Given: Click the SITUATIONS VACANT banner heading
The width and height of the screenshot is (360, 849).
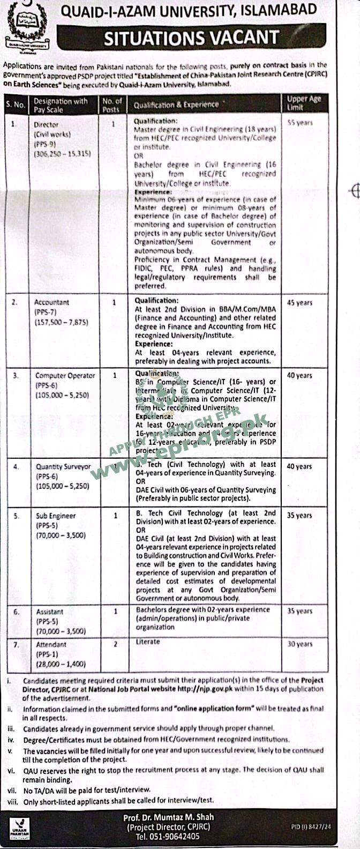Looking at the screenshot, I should pyautogui.click(x=191, y=38).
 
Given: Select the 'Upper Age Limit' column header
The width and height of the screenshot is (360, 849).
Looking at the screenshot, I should pyautogui.click(x=304, y=103).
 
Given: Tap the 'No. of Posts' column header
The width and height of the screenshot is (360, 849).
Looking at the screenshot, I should pyautogui.click(x=112, y=105).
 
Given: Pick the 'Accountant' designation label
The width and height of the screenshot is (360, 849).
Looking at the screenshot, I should pyautogui.click(x=51, y=302).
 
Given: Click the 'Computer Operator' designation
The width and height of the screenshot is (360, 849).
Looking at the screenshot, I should pyautogui.click(x=65, y=376).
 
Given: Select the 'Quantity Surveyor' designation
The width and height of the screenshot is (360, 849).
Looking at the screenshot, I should pyautogui.click(x=63, y=467).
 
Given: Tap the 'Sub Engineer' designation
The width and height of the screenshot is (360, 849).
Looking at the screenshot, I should pyautogui.click(x=56, y=516).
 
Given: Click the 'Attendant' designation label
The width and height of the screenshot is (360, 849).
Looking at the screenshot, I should pyautogui.click(x=51, y=644).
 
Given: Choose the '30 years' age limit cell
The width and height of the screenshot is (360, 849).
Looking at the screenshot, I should pyautogui.click(x=299, y=644).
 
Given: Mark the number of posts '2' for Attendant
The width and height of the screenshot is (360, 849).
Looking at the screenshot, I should pyautogui.click(x=115, y=644).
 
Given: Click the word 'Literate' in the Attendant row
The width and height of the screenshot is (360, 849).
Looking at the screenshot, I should pyautogui.click(x=148, y=642).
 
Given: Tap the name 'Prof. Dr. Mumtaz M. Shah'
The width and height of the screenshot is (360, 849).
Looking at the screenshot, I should pyautogui.click(x=168, y=817).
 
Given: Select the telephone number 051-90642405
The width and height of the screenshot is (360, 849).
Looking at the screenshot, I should pyautogui.click(x=168, y=836).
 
